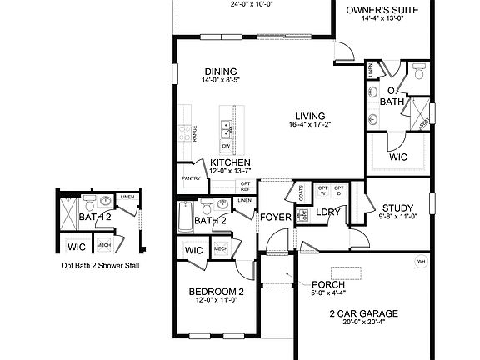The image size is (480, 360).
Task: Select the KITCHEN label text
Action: (229, 162)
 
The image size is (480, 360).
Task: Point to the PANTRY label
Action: (191, 178)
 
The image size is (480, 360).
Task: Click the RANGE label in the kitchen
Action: (194, 134)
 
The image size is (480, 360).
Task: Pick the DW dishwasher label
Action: (226, 145)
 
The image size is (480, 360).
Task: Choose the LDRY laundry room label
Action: (328, 212)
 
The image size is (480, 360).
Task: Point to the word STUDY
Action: (397, 208)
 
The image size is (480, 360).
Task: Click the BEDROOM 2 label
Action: (216, 291)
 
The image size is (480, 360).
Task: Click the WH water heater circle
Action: (420, 261)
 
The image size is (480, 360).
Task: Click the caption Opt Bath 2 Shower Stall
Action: (100, 266)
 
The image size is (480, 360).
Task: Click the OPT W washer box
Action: (322, 191)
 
